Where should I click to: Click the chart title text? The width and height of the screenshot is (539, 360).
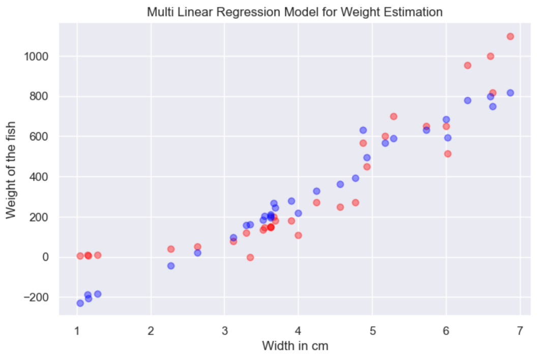click(294, 11)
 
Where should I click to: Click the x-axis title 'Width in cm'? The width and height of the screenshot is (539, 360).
click(295, 346)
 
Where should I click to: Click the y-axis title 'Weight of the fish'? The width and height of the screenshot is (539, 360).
click(11, 170)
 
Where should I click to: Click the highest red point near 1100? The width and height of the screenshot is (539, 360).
click(511, 36)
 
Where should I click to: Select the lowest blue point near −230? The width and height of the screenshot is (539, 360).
click(80, 303)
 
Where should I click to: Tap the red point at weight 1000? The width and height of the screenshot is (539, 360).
click(491, 56)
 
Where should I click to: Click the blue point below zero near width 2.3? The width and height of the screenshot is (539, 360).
click(171, 266)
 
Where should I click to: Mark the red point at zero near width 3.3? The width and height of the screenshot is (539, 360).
click(250, 257)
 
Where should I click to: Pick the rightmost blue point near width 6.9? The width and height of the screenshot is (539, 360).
click(511, 93)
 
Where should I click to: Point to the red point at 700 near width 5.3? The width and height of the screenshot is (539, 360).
click(394, 116)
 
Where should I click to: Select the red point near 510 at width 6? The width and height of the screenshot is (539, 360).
click(448, 154)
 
